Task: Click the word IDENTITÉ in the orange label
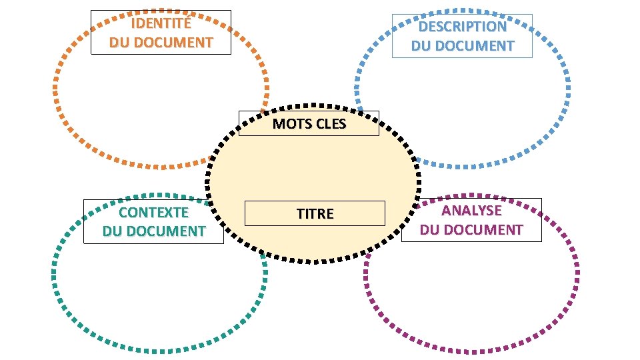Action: [x=161, y=25]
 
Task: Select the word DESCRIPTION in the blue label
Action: [x=462, y=27]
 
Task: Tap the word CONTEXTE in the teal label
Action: [x=153, y=213]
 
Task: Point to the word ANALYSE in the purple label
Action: [x=471, y=211]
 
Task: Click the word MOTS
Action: [x=289, y=123]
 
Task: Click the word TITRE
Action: [x=315, y=214]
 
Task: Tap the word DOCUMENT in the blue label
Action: [x=476, y=46]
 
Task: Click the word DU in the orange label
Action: [x=120, y=43]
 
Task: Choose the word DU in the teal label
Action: [x=113, y=231]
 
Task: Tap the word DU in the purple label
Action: [x=430, y=230]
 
